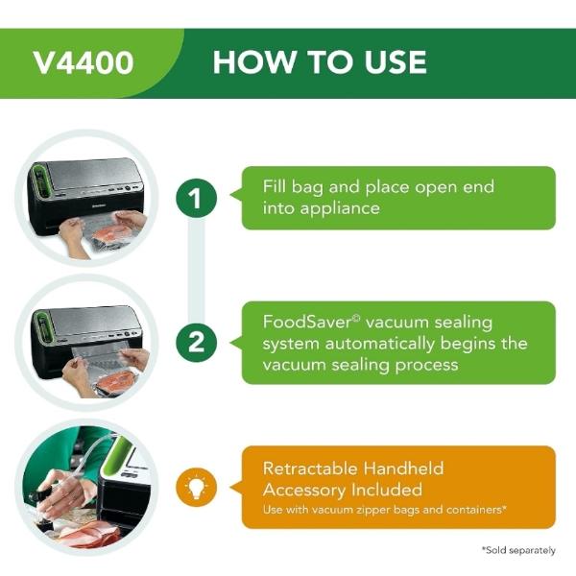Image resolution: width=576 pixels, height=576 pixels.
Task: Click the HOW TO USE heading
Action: click(x=320, y=62)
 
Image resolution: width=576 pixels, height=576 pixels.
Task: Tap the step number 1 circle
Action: click(x=196, y=199)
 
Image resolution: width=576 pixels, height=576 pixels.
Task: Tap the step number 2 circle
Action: click(x=196, y=343)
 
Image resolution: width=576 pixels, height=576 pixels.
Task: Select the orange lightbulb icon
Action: click(x=196, y=487)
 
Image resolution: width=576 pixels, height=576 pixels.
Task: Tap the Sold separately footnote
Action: click(x=517, y=550)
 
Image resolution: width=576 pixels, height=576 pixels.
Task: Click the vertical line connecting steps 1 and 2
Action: click(x=196, y=271)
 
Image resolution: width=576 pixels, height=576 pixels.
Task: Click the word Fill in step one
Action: click(x=276, y=186)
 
